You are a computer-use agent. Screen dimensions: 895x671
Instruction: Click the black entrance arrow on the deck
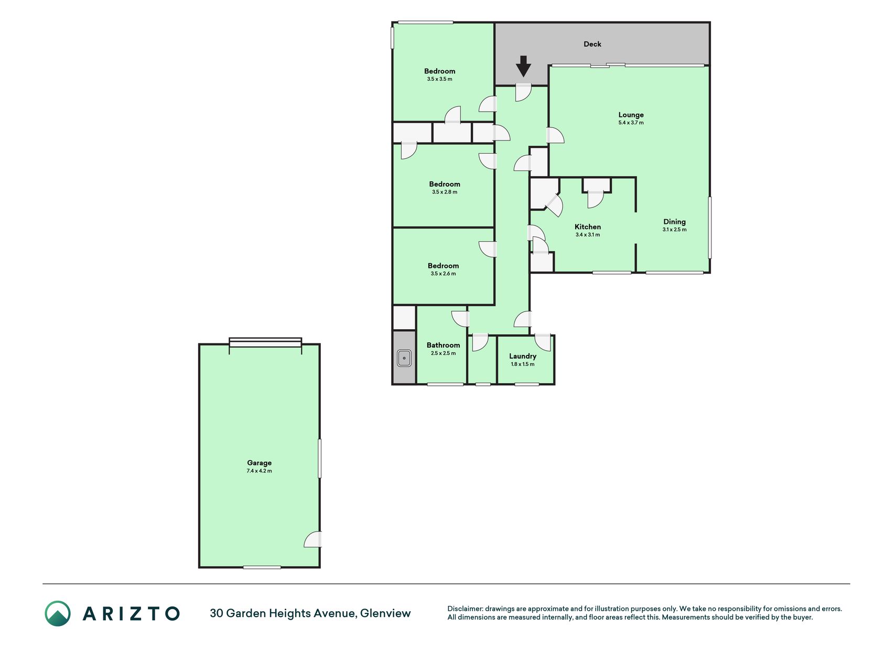click(523, 66)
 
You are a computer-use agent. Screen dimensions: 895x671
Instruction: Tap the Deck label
click(592, 44)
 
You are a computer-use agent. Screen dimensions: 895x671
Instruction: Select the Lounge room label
click(631, 115)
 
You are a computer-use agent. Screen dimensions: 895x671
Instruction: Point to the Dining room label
click(674, 222)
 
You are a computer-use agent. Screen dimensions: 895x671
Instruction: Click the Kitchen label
click(588, 227)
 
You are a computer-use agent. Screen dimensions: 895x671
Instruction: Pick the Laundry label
click(523, 356)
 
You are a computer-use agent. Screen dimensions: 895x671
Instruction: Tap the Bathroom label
click(443, 345)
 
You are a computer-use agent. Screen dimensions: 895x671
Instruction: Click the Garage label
click(260, 463)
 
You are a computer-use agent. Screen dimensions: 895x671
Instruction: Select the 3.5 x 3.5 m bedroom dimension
click(439, 79)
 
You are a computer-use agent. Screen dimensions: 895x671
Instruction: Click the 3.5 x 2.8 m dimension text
click(445, 192)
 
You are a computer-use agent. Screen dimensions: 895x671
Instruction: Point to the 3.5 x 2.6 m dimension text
click(443, 274)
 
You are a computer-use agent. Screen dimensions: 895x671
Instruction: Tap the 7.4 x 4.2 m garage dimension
click(260, 471)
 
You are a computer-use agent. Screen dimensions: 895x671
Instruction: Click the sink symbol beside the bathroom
click(404, 358)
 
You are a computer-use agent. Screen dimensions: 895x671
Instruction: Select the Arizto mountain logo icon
click(58, 613)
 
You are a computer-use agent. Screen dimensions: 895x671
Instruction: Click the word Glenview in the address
click(385, 613)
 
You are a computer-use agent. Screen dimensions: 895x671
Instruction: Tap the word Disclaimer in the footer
click(464, 609)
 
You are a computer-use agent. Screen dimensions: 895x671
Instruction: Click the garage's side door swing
click(313, 539)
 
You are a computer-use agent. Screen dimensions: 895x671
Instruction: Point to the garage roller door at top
click(265, 342)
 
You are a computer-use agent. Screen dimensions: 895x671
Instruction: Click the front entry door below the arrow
click(523, 92)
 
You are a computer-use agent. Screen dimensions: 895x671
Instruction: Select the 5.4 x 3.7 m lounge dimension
click(631, 123)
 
